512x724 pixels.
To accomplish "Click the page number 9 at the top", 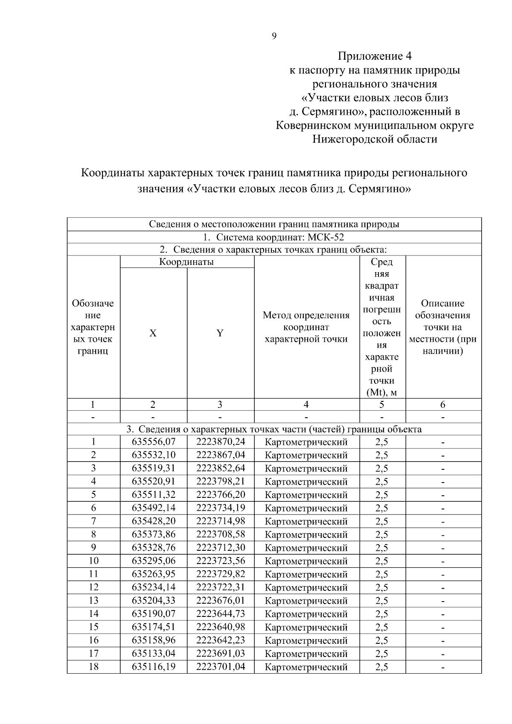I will click(x=274, y=36).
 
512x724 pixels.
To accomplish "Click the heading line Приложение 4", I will click(x=375, y=56).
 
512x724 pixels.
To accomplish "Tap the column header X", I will click(x=153, y=333).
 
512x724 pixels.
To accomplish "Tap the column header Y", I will click(x=220, y=333).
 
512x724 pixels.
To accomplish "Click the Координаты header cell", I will click(x=186, y=262).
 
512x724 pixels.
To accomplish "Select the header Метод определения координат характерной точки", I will click(x=306, y=327).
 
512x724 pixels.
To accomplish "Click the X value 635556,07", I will click(x=154, y=442).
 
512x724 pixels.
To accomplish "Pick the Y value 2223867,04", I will click(x=221, y=455).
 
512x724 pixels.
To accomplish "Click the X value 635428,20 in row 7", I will click(x=154, y=521).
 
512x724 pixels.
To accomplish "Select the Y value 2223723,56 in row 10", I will click(x=221, y=561).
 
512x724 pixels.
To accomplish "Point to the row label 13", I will click(x=93, y=600).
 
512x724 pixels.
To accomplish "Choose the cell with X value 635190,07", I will click(x=154, y=614).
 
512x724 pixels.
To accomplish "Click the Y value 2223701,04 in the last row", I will click(x=221, y=666).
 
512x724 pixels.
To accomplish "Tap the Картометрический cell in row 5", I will click(x=306, y=495).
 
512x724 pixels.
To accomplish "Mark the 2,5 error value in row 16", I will click(x=382, y=640).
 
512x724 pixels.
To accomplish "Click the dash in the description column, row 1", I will click(x=443, y=442).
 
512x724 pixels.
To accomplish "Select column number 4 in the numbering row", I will click(x=306, y=404).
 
